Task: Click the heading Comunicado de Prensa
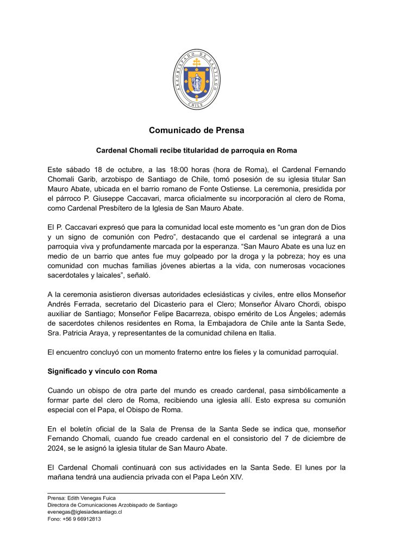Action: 197,130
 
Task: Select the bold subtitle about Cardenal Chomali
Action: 197,149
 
